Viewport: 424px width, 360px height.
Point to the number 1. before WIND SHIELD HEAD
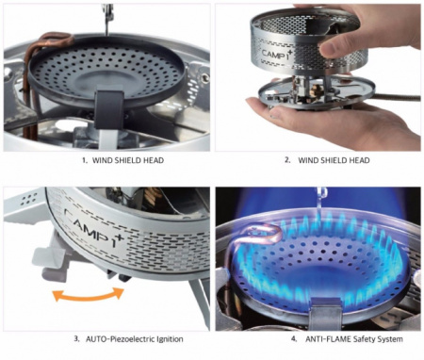[x=85, y=160]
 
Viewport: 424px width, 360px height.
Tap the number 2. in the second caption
[x=287, y=160]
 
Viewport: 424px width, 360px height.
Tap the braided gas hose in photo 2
[x=397, y=97]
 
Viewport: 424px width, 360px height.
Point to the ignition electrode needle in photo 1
[x=107, y=19]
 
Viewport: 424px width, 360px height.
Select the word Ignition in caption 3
[x=171, y=339]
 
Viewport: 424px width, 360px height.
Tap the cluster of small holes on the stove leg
[x=28, y=199]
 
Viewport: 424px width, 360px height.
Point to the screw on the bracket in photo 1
[x=205, y=78]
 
